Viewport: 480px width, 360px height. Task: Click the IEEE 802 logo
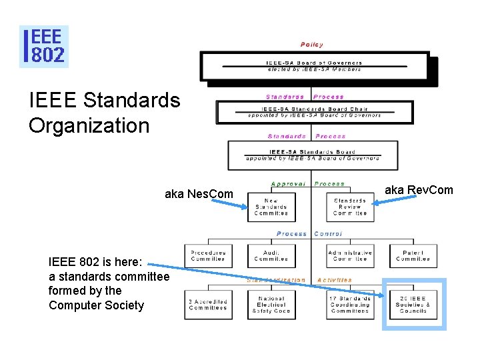(x=44, y=47)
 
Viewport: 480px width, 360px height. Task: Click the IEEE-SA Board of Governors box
(x=314, y=66)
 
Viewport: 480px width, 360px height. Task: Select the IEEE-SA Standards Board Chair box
(x=314, y=111)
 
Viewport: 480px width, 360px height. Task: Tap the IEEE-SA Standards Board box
(x=313, y=155)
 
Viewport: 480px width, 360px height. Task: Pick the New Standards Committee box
(x=271, y=207)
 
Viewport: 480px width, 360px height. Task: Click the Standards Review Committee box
(x=350, y=207)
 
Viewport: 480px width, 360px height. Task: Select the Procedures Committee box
(x=208, y=256)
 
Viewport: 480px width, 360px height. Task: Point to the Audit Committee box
(x=271, y=256)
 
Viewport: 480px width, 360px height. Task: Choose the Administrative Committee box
(x=350, y=256)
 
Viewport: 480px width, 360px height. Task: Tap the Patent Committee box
(x=413, y=256)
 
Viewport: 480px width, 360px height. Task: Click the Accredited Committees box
(x=208, y=305)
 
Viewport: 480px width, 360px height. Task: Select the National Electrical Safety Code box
(x=271, y=305)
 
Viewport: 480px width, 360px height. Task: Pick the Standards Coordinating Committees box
(x=350, y=305)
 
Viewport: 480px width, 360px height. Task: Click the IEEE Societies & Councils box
(x=413, y=305)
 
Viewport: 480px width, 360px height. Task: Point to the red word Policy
(x=312, y=45)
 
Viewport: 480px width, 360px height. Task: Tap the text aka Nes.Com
(x=199, y=194)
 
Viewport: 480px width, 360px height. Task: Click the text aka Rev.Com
(x=419, y=190)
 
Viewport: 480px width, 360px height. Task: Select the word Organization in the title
(x=89, y=125)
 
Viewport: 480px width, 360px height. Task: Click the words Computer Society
(x=96, y=305)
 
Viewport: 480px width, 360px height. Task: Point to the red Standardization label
(x=276, y=280)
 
